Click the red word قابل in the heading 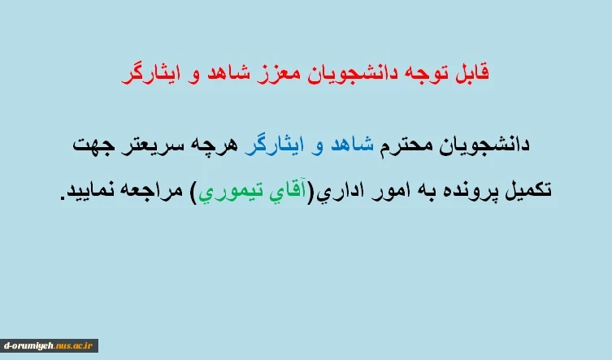point(472,73)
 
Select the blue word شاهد point(352,145)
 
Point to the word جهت point(93,145)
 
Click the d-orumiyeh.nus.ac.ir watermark point(49,345)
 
